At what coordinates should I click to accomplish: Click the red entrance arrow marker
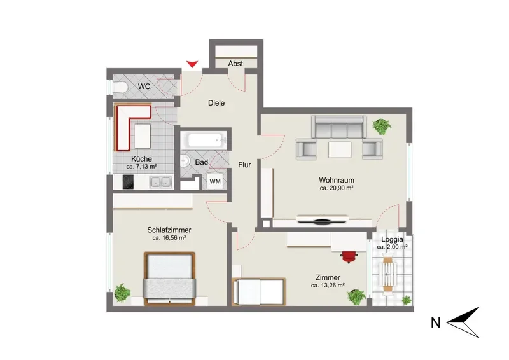192,64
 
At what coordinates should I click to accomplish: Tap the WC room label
144,87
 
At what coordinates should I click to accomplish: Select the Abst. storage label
236,64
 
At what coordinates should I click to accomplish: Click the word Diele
216,103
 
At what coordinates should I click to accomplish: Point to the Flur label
244,165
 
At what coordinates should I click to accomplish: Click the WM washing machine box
215,181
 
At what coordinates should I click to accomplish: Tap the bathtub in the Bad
206,141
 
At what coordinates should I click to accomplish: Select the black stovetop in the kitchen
128,182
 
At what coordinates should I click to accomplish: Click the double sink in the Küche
161,182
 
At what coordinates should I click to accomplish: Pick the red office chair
349,256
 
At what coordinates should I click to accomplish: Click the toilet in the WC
120,87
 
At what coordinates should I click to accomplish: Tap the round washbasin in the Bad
185,161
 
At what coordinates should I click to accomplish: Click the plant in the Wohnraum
382,126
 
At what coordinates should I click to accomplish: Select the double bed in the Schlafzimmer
169,279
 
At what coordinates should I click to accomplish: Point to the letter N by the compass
436,322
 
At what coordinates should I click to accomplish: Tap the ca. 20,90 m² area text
337,188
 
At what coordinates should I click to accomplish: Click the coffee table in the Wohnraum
340,149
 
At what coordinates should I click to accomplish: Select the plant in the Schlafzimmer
122,293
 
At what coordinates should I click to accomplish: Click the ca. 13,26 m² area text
328,286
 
